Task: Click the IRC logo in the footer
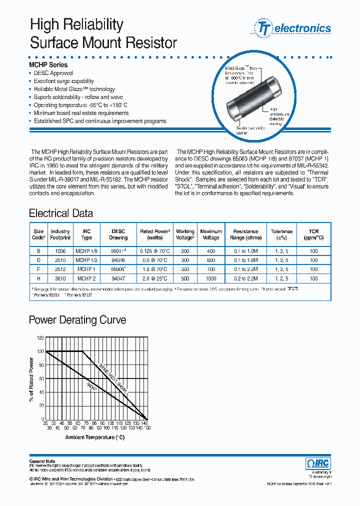tap(317, 463)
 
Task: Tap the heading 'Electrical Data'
tap(61, 213)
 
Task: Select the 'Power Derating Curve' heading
tap(77, 320)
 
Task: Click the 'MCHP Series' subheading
tap(48, 65)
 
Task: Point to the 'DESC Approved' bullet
tap(53, 73)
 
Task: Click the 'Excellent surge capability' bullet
tap(63, 81)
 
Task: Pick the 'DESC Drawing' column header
tap(118, 234)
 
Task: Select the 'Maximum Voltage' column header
tap(210, 234)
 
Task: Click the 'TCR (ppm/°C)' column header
tap(313, 234)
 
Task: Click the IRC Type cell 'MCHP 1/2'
tap(86, 260)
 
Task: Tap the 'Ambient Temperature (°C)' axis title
tap(94, 437)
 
